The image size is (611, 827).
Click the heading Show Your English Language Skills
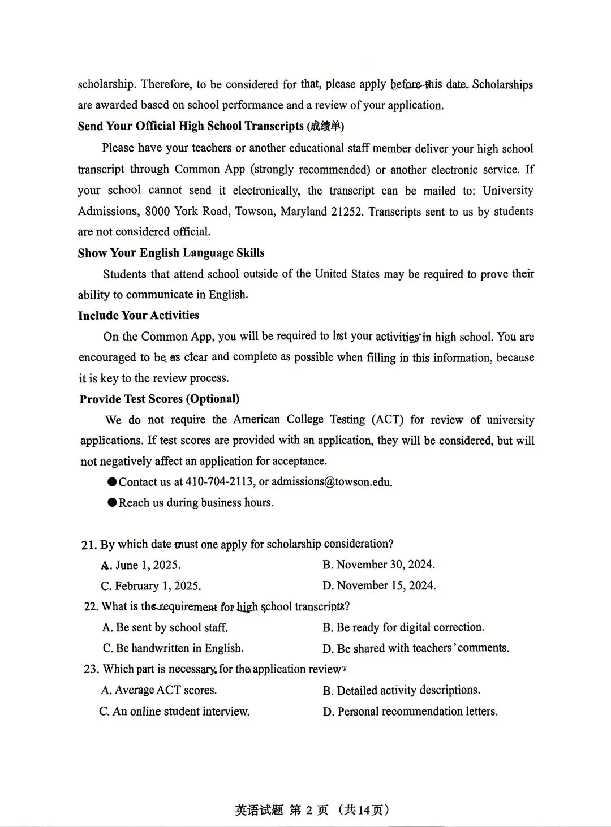click(171, 253)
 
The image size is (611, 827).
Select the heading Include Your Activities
click(139, 316)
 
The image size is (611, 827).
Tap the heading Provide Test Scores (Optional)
click(159, 399)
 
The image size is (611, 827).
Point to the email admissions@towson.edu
click(332, 482)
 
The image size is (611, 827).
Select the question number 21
click(88, 545)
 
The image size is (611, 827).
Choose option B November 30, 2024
click(378, 565)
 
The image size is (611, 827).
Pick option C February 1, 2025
click(150, 586)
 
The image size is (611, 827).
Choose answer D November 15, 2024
click(379, 585)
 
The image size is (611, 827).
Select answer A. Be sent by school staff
click(165, 627)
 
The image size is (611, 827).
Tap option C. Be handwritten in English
click(173, 648)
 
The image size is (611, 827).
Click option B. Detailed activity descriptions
click(401, 690)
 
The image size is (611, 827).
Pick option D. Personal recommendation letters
click(410, 712)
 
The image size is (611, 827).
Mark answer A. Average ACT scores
click(158, 690)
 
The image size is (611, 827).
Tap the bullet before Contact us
click(112, 482)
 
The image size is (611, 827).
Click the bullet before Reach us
click(112, 502)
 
